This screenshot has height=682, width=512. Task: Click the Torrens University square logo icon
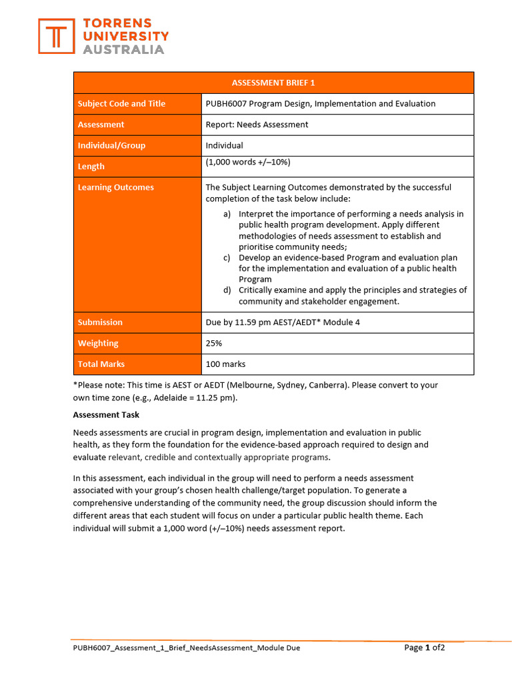(57, 36)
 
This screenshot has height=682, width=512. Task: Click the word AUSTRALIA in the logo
(123, 49)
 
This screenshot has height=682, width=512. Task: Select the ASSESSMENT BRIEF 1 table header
(273, 83)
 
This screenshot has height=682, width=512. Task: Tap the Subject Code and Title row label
(121, 104)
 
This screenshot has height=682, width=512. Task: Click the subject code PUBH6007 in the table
(227, 104)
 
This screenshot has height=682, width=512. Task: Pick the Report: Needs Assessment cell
(257, 125)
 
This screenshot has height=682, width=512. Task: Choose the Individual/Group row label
(111, 146)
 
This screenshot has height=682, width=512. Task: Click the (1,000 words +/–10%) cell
(247, 163)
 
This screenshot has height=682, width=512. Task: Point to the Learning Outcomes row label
(115, 188)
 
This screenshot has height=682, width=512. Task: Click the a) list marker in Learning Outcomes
(227, 214)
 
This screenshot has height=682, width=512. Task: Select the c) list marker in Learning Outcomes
(227, 258)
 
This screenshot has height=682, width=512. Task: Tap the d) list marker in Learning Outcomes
(227, 290)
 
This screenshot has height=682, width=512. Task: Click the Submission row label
(100, 322)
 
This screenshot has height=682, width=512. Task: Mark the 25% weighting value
(213, 344)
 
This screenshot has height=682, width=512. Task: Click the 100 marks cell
(225, 364)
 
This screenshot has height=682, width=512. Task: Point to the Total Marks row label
(101, 364)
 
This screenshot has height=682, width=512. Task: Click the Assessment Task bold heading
(106, 414)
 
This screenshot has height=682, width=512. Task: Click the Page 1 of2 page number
(425, 647)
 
